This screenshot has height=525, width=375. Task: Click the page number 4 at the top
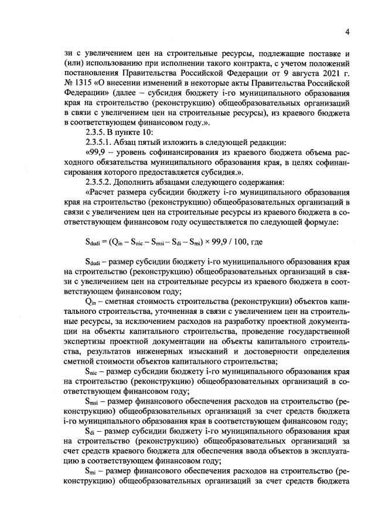coord(347,31)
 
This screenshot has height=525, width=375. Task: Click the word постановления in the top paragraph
coord(91,73)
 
